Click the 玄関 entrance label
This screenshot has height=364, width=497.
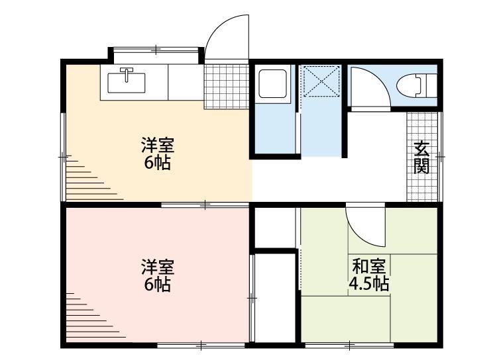pos(421,157)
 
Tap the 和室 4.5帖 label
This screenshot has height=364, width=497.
pos(369,275)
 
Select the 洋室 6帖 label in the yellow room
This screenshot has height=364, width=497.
pos(158,154)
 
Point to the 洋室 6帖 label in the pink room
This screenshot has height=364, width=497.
pos(158,275)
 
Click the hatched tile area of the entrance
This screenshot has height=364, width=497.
pos(422,157)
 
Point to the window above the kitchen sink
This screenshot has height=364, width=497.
pos(156,49)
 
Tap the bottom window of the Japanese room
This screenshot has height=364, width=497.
pos(351,345)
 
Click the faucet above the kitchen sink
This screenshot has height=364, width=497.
pos(126,70)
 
